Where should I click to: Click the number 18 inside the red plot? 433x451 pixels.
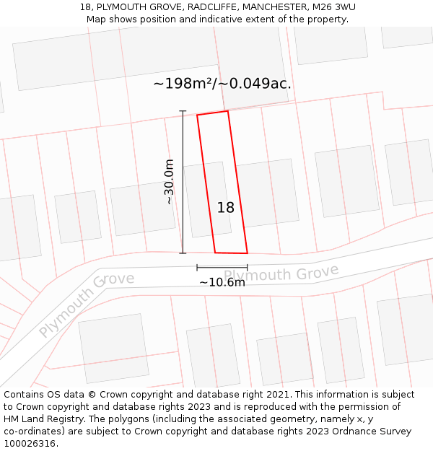click(225, 208)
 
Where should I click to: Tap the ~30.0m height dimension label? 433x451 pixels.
click(170, 182)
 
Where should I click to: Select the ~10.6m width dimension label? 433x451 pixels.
click(222, 282)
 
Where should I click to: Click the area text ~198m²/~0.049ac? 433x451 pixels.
click(222, 84)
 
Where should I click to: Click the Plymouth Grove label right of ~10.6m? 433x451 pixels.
click(281, 274)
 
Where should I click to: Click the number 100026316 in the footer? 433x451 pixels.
click(30, 444)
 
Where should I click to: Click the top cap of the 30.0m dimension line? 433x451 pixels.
click(183, 111)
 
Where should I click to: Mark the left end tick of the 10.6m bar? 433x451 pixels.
click(197, 267)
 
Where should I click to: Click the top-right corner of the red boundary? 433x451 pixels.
click(228, 111)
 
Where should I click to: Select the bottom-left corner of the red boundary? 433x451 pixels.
click(215, 253)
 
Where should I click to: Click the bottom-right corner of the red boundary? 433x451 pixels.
click(248, 253)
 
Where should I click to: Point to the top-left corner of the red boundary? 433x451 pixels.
click(197, 115)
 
